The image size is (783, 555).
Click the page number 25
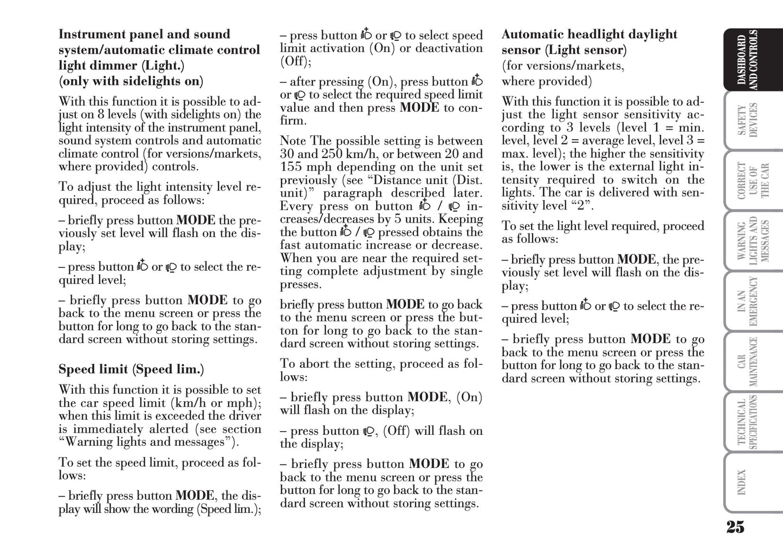pos(735,526)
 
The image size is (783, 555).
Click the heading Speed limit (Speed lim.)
pos(131,370)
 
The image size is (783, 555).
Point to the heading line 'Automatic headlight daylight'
pos(589,35)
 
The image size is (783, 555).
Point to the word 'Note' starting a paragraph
pos(293,141)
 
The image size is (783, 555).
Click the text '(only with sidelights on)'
pos(131,82)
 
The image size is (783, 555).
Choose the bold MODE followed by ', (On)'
pos(428,397)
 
